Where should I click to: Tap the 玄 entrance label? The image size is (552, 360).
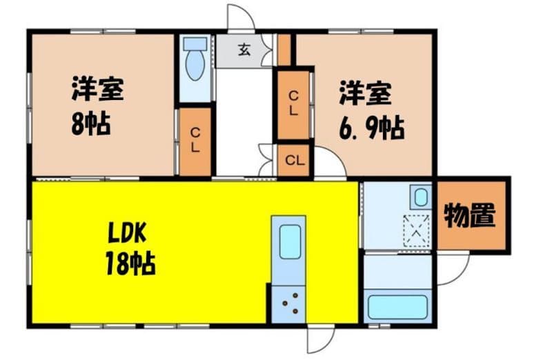244,50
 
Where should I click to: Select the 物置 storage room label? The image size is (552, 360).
470,215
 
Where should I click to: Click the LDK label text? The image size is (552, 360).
127,234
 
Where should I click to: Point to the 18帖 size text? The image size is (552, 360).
130,263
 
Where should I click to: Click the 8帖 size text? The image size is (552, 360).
91,123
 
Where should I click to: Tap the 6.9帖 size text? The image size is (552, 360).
372,128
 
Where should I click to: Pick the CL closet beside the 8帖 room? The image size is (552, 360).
195,141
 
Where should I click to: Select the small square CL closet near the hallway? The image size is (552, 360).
295,161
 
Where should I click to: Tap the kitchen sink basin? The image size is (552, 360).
290,241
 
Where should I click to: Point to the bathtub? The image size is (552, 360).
397,307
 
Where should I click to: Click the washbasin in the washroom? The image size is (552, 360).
421,197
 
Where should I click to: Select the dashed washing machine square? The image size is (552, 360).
417,230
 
